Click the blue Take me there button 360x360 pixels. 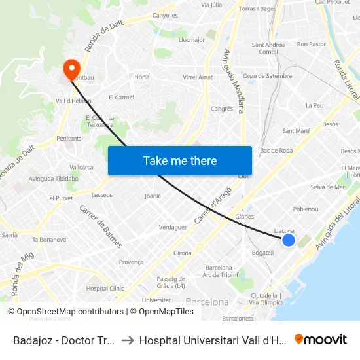[180, 160]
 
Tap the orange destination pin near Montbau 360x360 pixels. [71, 68]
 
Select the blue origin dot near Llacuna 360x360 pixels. [288, 240]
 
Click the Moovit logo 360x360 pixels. [320, 340]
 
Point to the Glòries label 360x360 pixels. [244, 217]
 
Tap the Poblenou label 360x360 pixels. [306, 209]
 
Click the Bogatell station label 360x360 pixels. [262, 253]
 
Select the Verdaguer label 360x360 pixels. [173, 227]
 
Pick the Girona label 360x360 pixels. [183, 253]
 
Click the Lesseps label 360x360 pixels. [102, 195]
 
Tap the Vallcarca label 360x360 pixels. [81, 167]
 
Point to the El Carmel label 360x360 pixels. [121, 98]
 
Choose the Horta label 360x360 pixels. [141, 77]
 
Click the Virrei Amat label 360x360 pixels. [198, 77]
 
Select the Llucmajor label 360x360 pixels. [192, 39]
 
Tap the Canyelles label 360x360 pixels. [165, 15]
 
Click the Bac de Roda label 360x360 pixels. [276, 151]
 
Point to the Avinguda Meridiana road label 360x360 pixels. [234, 81]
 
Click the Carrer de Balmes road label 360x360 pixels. [101, 226]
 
